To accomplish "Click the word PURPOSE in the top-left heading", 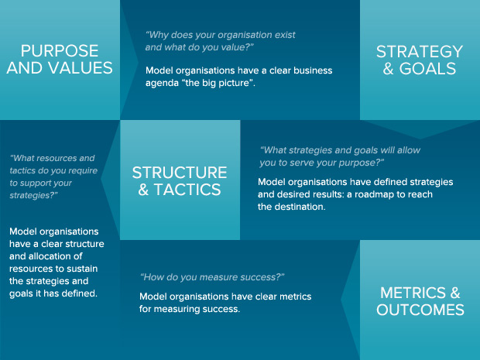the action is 60,51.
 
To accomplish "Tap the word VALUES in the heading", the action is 81,67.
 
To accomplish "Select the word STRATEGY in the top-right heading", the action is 420,51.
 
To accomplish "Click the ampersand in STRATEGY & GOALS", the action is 388,69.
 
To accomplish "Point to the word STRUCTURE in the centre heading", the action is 180,173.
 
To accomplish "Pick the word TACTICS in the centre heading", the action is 187,190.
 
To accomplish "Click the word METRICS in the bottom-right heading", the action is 413,293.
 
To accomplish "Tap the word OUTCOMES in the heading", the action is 420,310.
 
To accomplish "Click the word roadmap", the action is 372,194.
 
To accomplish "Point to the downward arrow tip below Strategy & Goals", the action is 420,139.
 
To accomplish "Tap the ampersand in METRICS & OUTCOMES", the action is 455,293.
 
